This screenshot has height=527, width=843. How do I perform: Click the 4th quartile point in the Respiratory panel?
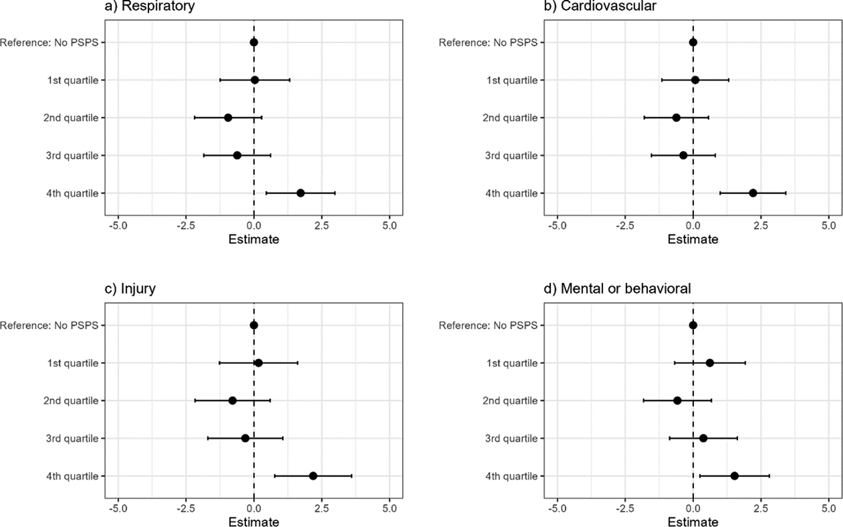(300, 193)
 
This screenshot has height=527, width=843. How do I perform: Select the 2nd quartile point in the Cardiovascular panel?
(676, 118)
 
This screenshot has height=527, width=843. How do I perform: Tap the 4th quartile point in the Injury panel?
(313, 476)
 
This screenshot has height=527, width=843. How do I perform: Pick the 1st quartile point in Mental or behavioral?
(710, 363)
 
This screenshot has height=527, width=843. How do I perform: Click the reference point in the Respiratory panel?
(254, 42)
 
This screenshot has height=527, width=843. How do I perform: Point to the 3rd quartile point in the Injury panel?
(245, 438)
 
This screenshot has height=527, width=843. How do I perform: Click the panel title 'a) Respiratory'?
(150, 6)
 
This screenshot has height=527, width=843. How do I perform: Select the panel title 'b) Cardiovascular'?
(600, 6)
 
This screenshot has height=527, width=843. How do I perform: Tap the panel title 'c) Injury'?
(130, 289)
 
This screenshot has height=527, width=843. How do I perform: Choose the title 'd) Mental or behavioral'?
(617, 289)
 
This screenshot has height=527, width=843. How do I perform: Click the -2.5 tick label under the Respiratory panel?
(186, 226)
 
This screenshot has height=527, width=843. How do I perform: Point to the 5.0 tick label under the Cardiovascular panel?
(829, 226)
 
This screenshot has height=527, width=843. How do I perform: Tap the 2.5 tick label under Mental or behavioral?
(761, 508)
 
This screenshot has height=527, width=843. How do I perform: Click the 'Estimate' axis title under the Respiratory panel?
(254, 239)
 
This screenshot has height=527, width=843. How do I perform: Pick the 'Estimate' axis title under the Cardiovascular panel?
(693, 239)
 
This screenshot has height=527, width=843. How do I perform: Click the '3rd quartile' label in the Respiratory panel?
(72, 156)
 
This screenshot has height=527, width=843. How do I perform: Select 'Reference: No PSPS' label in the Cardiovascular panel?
(488, 42)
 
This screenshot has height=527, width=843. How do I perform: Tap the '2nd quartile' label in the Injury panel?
(71, 401)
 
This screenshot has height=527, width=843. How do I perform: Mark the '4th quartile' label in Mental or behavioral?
(512, 476)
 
